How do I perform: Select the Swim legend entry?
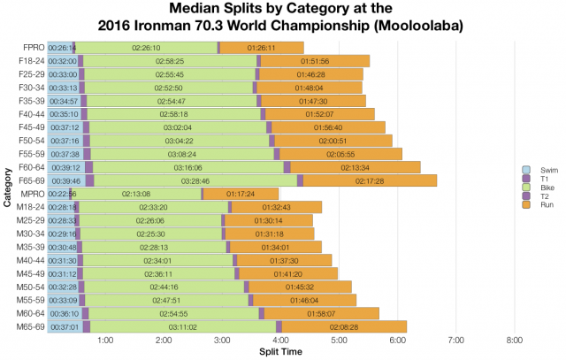tap(529, 170)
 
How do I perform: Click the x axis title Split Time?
tap(279, 352)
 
